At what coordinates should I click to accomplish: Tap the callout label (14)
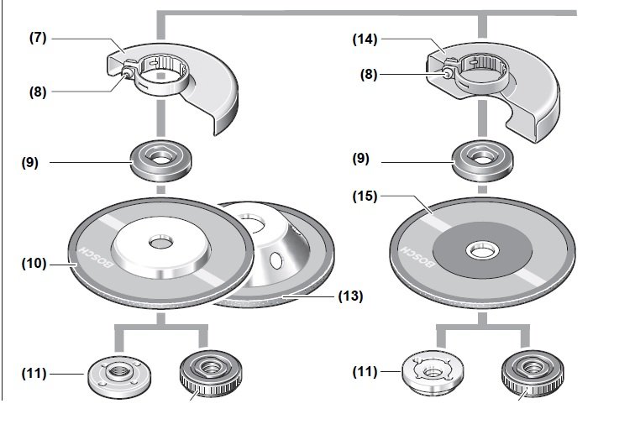[x=367, y=39]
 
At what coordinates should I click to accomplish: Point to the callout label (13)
[x=350, y=296]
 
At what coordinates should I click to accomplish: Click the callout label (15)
[x=367, y=196]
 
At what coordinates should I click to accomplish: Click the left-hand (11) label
[x=35, y=372]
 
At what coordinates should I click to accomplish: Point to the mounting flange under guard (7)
[x=157, y=160]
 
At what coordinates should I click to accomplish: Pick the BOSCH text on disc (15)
[x=417, y=261]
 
